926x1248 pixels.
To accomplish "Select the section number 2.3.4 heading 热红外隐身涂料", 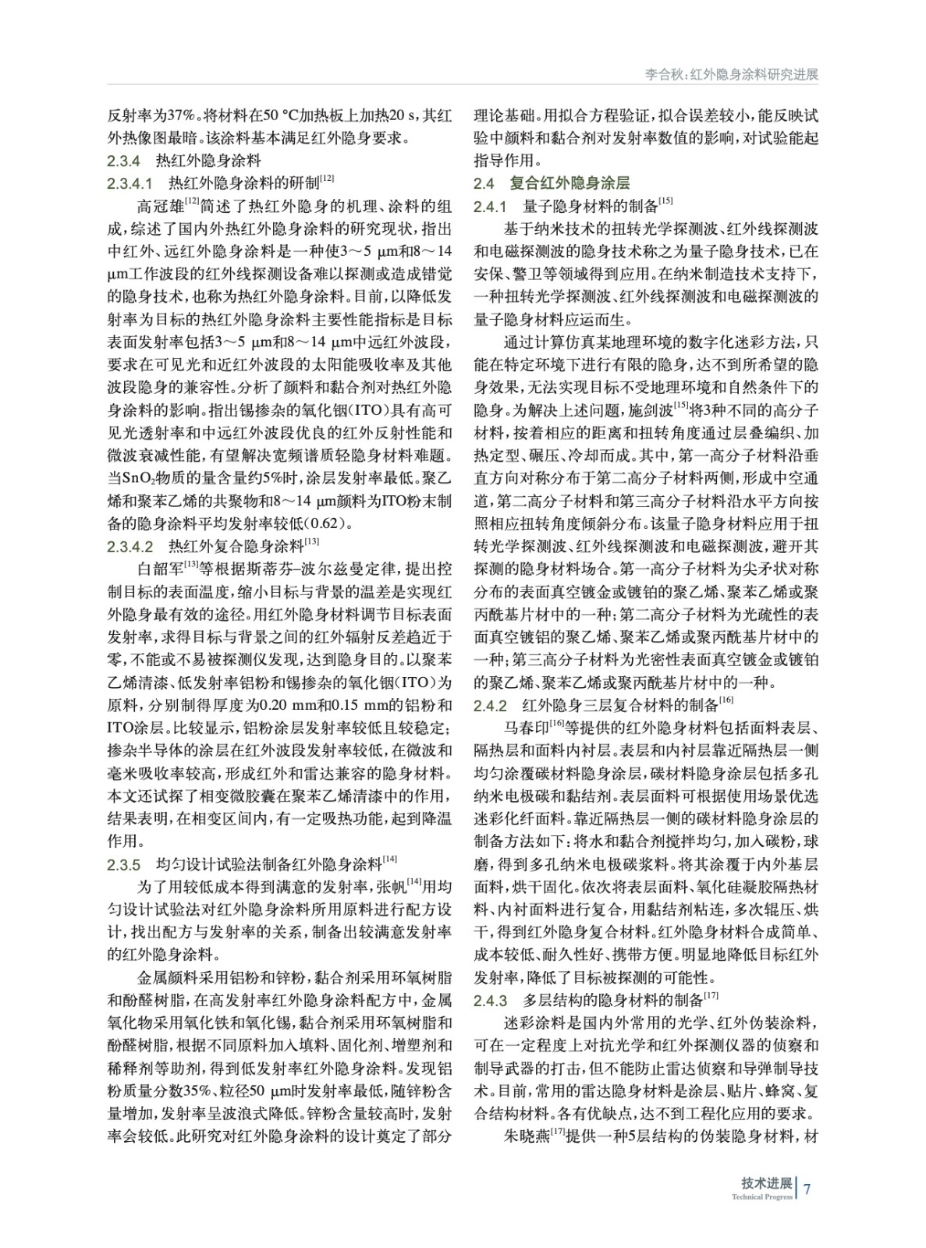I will [184, 161].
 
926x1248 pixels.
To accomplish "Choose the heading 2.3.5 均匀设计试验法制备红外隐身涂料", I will [253, 864].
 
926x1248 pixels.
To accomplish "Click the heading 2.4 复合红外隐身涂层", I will [552, 183].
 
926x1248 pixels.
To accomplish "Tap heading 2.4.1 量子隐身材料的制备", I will [573, 206].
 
